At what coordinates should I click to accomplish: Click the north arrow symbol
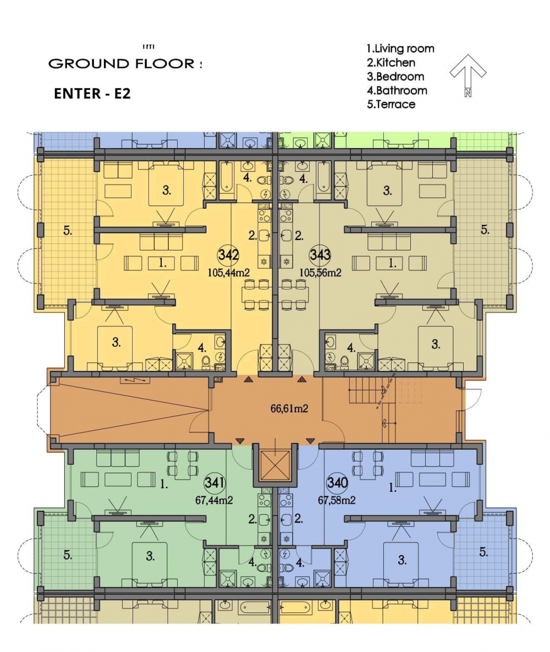tap(468, 75)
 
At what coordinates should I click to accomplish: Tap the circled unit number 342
tap(228, 254)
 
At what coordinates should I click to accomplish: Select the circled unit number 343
tap(320, 254)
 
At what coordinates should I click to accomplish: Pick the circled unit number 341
tap(215, 483)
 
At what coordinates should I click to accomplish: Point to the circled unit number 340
tap(337, 483)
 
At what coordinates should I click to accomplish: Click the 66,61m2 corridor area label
tap(289, 409)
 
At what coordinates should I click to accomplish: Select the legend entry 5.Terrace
tap(391, 104)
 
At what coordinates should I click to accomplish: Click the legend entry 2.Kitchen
tap(391, 62)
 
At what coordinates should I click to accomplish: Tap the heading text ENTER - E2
tap(92, 94)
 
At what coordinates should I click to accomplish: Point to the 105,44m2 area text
tap(228, 273)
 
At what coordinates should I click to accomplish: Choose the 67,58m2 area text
tap(337, 500)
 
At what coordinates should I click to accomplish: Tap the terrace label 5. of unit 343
tap(485, 230)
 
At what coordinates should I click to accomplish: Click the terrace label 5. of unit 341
tap(68, 555)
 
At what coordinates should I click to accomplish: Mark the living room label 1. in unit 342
tap(162, 263)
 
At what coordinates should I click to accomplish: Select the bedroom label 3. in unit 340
tap(402, 559)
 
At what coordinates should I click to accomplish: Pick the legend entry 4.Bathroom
tap(397, 90)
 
